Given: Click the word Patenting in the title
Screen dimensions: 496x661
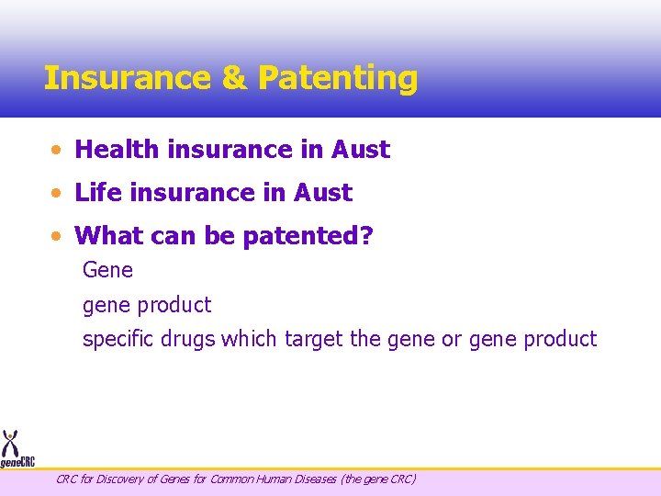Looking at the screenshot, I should pyautogui.click(x=337, y=78).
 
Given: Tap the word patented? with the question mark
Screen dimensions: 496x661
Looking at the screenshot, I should pyautogui.click(x=308, y=237).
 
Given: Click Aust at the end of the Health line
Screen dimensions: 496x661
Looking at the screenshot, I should pyautogui.click(x=361, y=149).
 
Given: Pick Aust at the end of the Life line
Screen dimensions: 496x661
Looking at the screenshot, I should pyautogui.click(x=322, y=193).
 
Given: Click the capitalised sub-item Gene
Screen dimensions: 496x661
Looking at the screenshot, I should pyautogui.click(x=107, y=270).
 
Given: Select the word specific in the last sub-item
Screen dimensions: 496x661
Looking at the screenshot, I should pyautogui.click(x=116, y=339).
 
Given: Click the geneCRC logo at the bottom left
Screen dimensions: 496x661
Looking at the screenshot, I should pyautogui.click(x=17, y=450).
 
